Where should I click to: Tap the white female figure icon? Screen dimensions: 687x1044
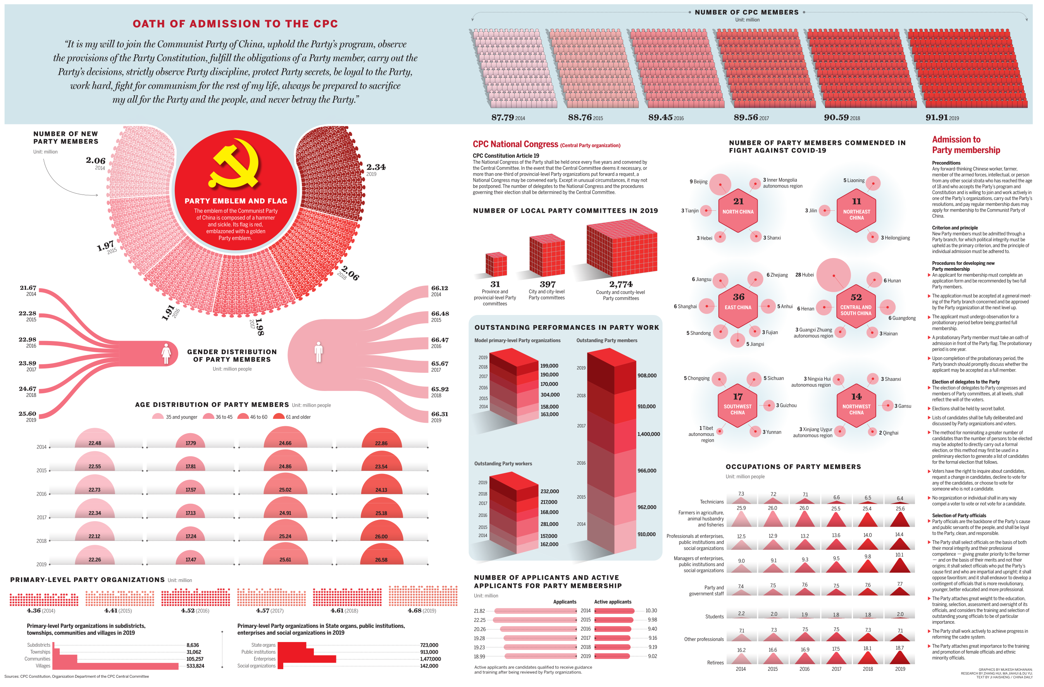[x=166, y=354]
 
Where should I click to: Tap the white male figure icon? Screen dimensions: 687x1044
[x=319, y=352]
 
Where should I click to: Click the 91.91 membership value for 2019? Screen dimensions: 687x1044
[x=936, y=117]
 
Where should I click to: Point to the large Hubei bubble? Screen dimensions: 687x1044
[x=834, y=275]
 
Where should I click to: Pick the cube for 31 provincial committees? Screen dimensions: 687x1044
[x=496, y=265]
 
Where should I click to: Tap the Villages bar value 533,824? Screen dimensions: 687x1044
[x=195, y=666]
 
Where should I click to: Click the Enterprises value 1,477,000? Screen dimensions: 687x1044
[x=430, y=659]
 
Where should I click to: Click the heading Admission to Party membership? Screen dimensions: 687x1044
[x=966, y=145]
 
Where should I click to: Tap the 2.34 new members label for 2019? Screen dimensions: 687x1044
[x=376, y=167]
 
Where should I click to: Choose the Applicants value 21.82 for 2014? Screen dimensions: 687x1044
[x=479, y=611]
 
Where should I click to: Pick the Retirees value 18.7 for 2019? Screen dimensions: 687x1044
[x=900, y=648]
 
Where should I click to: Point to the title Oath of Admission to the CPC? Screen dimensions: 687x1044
[x=235, y=24]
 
